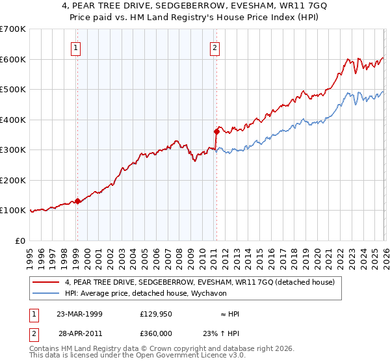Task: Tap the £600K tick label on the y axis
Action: [x=12, y=59]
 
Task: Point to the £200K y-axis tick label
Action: [x=12, y=180]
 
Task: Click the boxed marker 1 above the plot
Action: [x=77, y=47]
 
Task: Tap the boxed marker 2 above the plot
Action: [x=214, y=47]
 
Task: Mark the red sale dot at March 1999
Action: [x=77, y=201]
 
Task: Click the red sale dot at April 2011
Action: [x=216, y=131]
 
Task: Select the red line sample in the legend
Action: [x=47, y=282]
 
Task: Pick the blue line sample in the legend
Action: [x=47, y=293]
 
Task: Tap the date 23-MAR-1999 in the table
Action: [x=79, y=314]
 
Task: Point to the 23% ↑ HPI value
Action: [x=221, y=332]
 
